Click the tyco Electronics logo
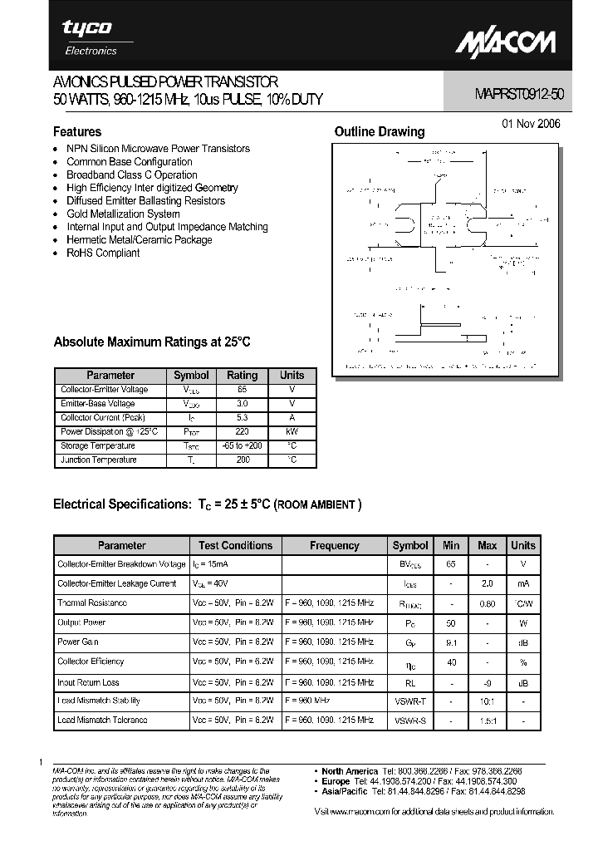pyautogui.click(x=88, y=37)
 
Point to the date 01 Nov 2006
pyautogui.click(x=532, y=124)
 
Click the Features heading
pyautogui.click(x=77, y=131)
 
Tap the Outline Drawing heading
pyautogui.click(x=379, y=131)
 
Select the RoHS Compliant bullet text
pyautogui.click(x=103, y=253)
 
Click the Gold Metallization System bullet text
pyautogui.click(x=123, y=214)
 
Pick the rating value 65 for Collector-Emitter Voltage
pyautogui.click(x=243, y=389)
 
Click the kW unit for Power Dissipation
pyautogui.click(x=292, y=431)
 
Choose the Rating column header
pyautogui.click(x=243, y=375)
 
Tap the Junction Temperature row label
pyautogui.click(x=99, y=460)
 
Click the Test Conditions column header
pyautogui.click(x=235, y=545)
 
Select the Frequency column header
pyautogui.click(x=335, y=545)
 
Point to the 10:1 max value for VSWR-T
pyautogui.click(x=488, y=701)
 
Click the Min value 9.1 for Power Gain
pyautogui.click(x=451, y=642)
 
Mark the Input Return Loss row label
pyautogui.click(x=88, y=682)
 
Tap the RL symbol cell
pyautogui.click(x=410, y=682)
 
